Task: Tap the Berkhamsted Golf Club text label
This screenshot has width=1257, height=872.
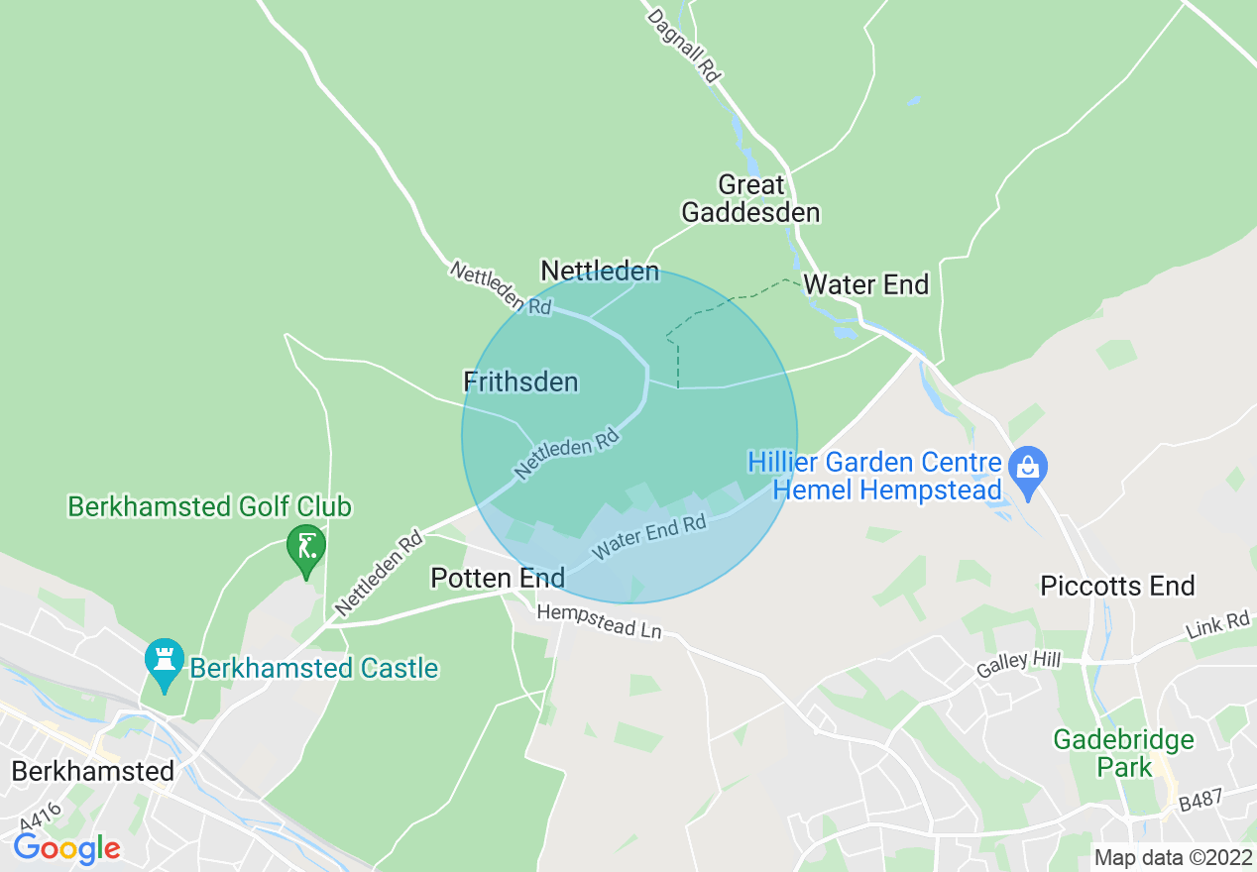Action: coord(209,507)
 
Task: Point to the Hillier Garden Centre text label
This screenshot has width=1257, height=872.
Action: coord(875,476)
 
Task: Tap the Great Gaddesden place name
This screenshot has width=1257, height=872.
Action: coord(750,198)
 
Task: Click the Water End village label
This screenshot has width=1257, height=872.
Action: coord(865,285)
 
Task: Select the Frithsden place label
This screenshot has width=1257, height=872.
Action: coord(520,381)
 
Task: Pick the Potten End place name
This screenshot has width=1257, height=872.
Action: coord(498,578)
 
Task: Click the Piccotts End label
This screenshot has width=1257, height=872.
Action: coord(1117,586)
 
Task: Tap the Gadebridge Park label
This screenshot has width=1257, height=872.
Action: coord(1123,753)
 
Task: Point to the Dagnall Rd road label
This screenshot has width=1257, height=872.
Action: coord(683,45)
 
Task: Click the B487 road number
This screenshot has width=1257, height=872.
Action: coord(1202,803)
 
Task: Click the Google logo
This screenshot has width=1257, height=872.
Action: coord(66,848)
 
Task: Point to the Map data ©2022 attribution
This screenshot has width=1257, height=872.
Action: coord(1173,857)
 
